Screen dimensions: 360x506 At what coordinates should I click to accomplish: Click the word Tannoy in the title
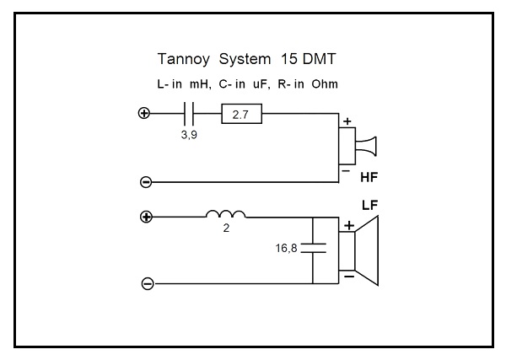coord(181,61)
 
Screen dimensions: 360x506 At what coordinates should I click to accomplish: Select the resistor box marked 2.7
coord(240,113)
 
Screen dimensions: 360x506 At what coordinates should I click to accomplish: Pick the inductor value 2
coord(226,229)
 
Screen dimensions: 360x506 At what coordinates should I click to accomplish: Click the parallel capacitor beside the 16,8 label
coord(314,250)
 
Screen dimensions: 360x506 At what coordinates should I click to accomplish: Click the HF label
coord(369,179)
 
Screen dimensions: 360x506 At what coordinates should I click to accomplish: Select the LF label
coord(370,205)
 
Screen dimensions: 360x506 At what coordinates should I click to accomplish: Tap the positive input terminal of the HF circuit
coord(144,113)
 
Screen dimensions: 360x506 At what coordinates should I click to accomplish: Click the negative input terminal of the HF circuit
coord(145,181)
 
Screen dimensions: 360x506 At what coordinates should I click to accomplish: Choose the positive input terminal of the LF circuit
coord(146,217)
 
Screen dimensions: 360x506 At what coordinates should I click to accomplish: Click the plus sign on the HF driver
coord(347,121)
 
